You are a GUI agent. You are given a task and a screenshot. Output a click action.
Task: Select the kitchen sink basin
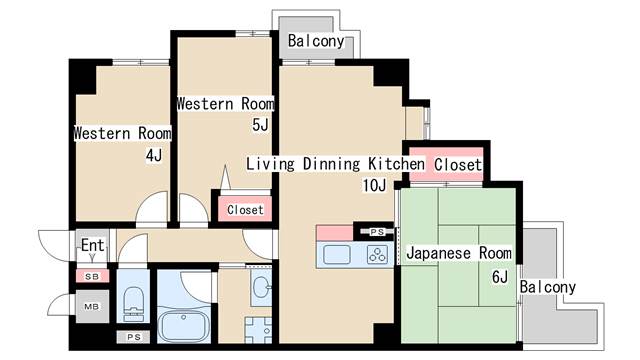pos(337,255)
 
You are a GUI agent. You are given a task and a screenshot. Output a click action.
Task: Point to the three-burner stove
pos(377,255)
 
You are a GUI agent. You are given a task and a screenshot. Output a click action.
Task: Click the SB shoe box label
pos(92,276)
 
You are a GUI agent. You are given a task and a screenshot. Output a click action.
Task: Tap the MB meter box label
pos(92,306)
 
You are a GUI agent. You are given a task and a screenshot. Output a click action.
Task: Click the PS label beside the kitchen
pos(377,232)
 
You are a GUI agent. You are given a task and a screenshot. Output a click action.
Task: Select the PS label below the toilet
pos(134,337)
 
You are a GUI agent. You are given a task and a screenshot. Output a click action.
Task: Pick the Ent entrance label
pos(93,245)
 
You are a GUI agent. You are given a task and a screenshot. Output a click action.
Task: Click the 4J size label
pos(154,155)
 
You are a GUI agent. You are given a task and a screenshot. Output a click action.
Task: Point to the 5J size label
pos(260,125)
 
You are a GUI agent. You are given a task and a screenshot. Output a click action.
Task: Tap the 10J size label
pos(374,186)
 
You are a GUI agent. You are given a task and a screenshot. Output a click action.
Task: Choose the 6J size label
pos(500,277)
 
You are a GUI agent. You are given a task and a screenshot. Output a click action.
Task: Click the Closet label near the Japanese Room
pos(458,165)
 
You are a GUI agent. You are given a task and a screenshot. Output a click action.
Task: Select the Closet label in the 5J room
pos(245,210)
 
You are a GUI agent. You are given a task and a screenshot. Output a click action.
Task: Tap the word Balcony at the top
pos(316,41)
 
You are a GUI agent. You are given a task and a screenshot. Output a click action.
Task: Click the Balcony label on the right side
pos(547,287)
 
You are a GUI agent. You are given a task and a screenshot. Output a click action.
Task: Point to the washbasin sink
pos(261,287)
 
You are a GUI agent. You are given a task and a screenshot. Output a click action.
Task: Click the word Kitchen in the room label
pos(396,164)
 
